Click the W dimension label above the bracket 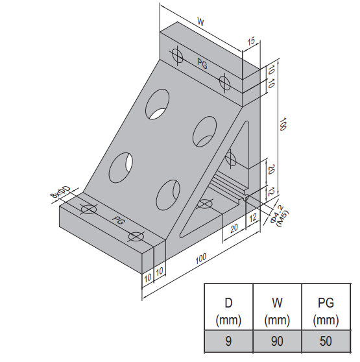pyautogui.click(x=201, y=22)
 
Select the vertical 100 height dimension pyautogui.click(x=282, y=125)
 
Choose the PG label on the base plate pyautogui.click(x=117, y=221)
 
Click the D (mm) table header pyautogui.click(x=228, y=309)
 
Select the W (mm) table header pyautogui.click(x=277, y=309)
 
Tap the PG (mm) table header pyautogui.click(x=326, y=309)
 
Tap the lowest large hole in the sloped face pyautogui.click(x=168, y=193)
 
